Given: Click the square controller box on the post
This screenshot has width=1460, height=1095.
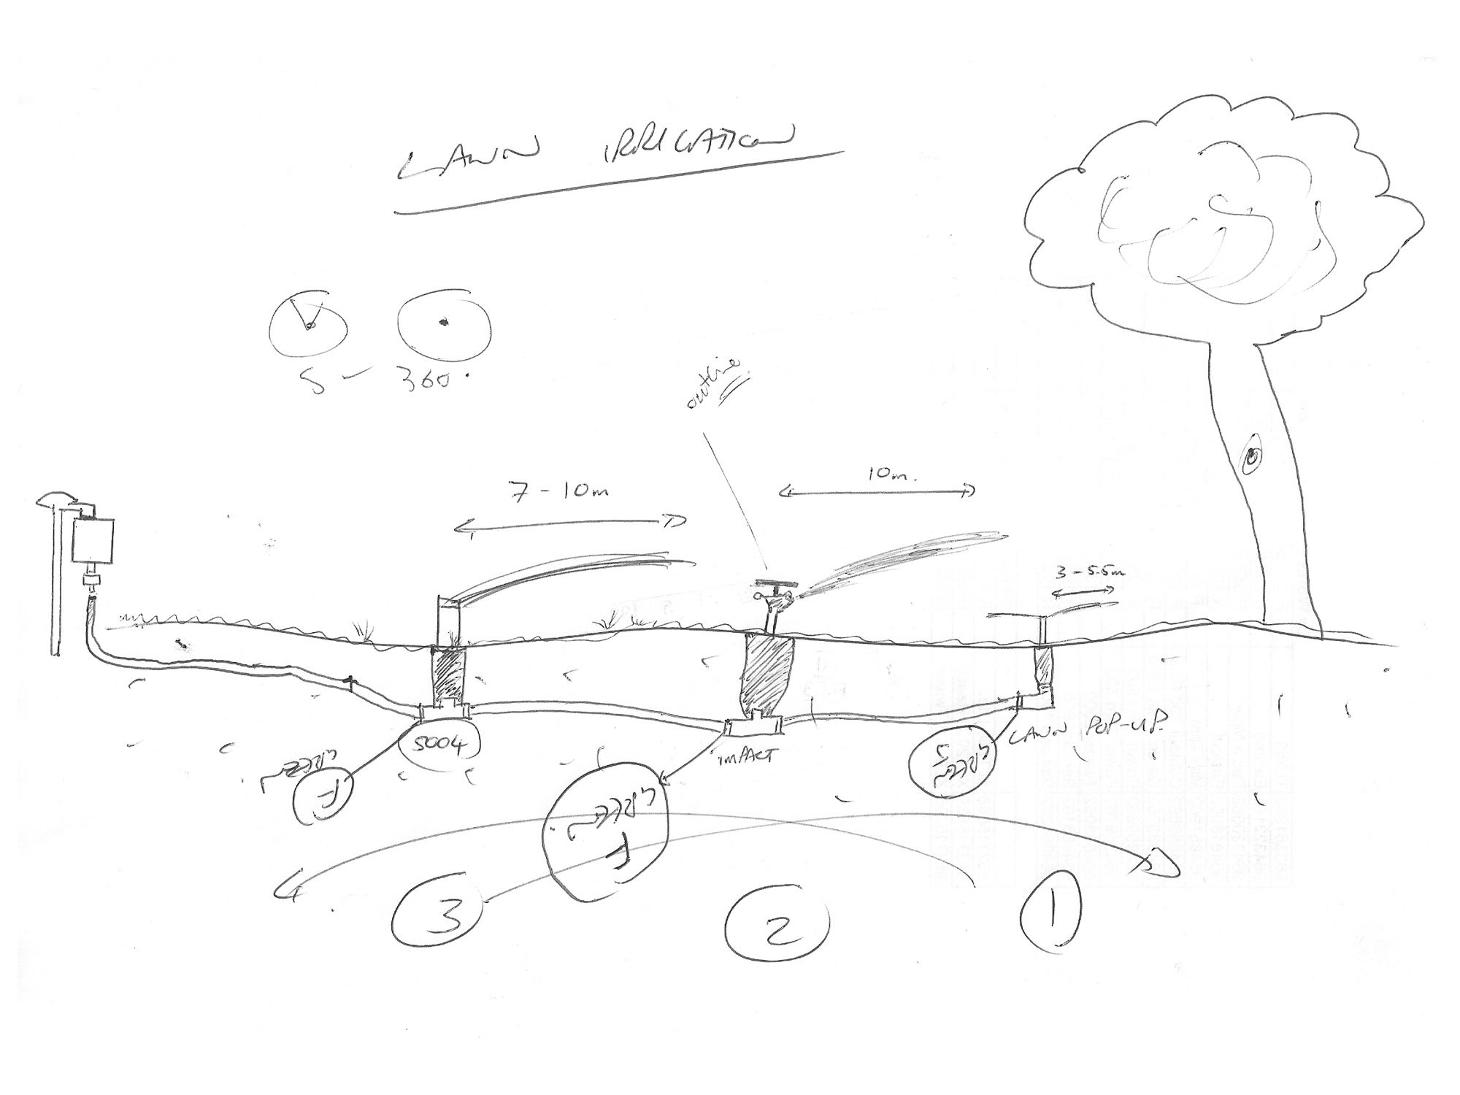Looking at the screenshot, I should tap(94, 541).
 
